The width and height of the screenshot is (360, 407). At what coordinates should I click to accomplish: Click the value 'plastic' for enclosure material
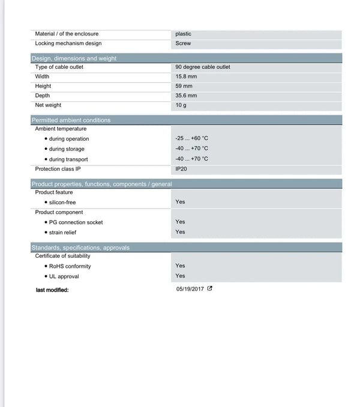pos(183,34)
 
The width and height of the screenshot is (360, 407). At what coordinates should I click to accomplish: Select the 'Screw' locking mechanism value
pos(183,43)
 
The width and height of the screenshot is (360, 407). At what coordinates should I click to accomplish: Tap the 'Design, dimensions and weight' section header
pos(74,58)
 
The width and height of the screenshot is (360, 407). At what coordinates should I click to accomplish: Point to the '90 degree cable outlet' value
pos(202,67)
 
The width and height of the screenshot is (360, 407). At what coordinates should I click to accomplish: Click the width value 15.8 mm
pos(186,77)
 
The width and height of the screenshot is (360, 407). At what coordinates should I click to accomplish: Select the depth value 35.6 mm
pos(186,96)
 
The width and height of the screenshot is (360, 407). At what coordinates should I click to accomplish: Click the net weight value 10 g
pos(181,105)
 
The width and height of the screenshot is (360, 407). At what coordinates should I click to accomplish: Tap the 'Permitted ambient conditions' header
pos(71,120)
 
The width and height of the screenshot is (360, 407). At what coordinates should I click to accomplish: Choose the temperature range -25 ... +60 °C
pos(191,138)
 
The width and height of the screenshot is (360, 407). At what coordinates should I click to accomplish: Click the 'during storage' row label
pos(67,149)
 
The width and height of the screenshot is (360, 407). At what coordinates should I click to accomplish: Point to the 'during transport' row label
pos(68,159)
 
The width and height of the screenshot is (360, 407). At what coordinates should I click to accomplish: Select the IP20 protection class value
pos(181,169)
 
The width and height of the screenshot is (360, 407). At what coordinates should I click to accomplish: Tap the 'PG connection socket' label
pos(76,222)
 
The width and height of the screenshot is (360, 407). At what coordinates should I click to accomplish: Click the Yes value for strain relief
pos(180,232)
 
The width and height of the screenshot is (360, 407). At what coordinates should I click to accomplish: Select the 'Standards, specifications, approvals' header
pos(80,248)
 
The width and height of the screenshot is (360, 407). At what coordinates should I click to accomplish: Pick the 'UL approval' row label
pos(64,276)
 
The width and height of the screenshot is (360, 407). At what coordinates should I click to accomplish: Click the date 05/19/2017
pos(190,289)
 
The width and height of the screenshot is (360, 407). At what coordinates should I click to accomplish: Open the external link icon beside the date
pos(210,289)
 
